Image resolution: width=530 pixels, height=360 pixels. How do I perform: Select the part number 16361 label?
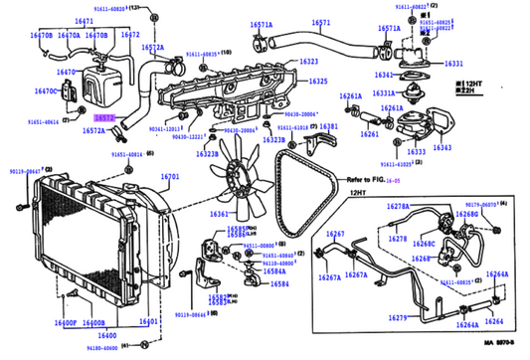(219, 215)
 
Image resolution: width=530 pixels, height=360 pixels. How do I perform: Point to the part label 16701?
(170, 176)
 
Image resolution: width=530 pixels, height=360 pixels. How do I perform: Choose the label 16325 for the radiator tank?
(317, 81)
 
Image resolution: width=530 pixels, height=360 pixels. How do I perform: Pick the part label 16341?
(383, 75)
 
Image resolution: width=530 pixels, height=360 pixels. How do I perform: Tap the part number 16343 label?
(442, 147)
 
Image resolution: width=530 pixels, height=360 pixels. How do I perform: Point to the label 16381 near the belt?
(327, 127)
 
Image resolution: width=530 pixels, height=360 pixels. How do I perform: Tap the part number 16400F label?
(66, 323)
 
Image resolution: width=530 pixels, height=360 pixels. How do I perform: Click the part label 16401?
(149, 322)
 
